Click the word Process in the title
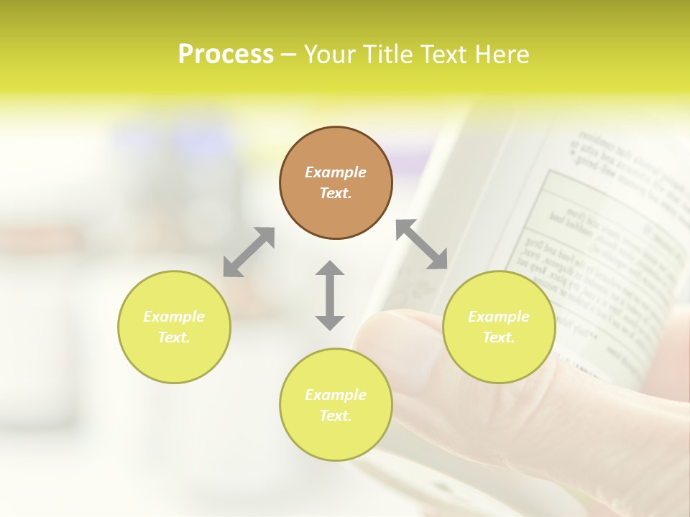coord(226,55)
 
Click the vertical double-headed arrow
coord(330,295)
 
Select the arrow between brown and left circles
coord(249,252)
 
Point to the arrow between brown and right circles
coord(422,244)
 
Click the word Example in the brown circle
coord(336,172)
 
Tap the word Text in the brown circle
coord(336,193)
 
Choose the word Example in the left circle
coord(174,317)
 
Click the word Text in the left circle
coord(174,337)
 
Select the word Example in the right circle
coord(499,317)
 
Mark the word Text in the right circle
coord(499,337)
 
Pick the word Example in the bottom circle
coord(336,395)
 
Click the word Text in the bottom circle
coord(336,416)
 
